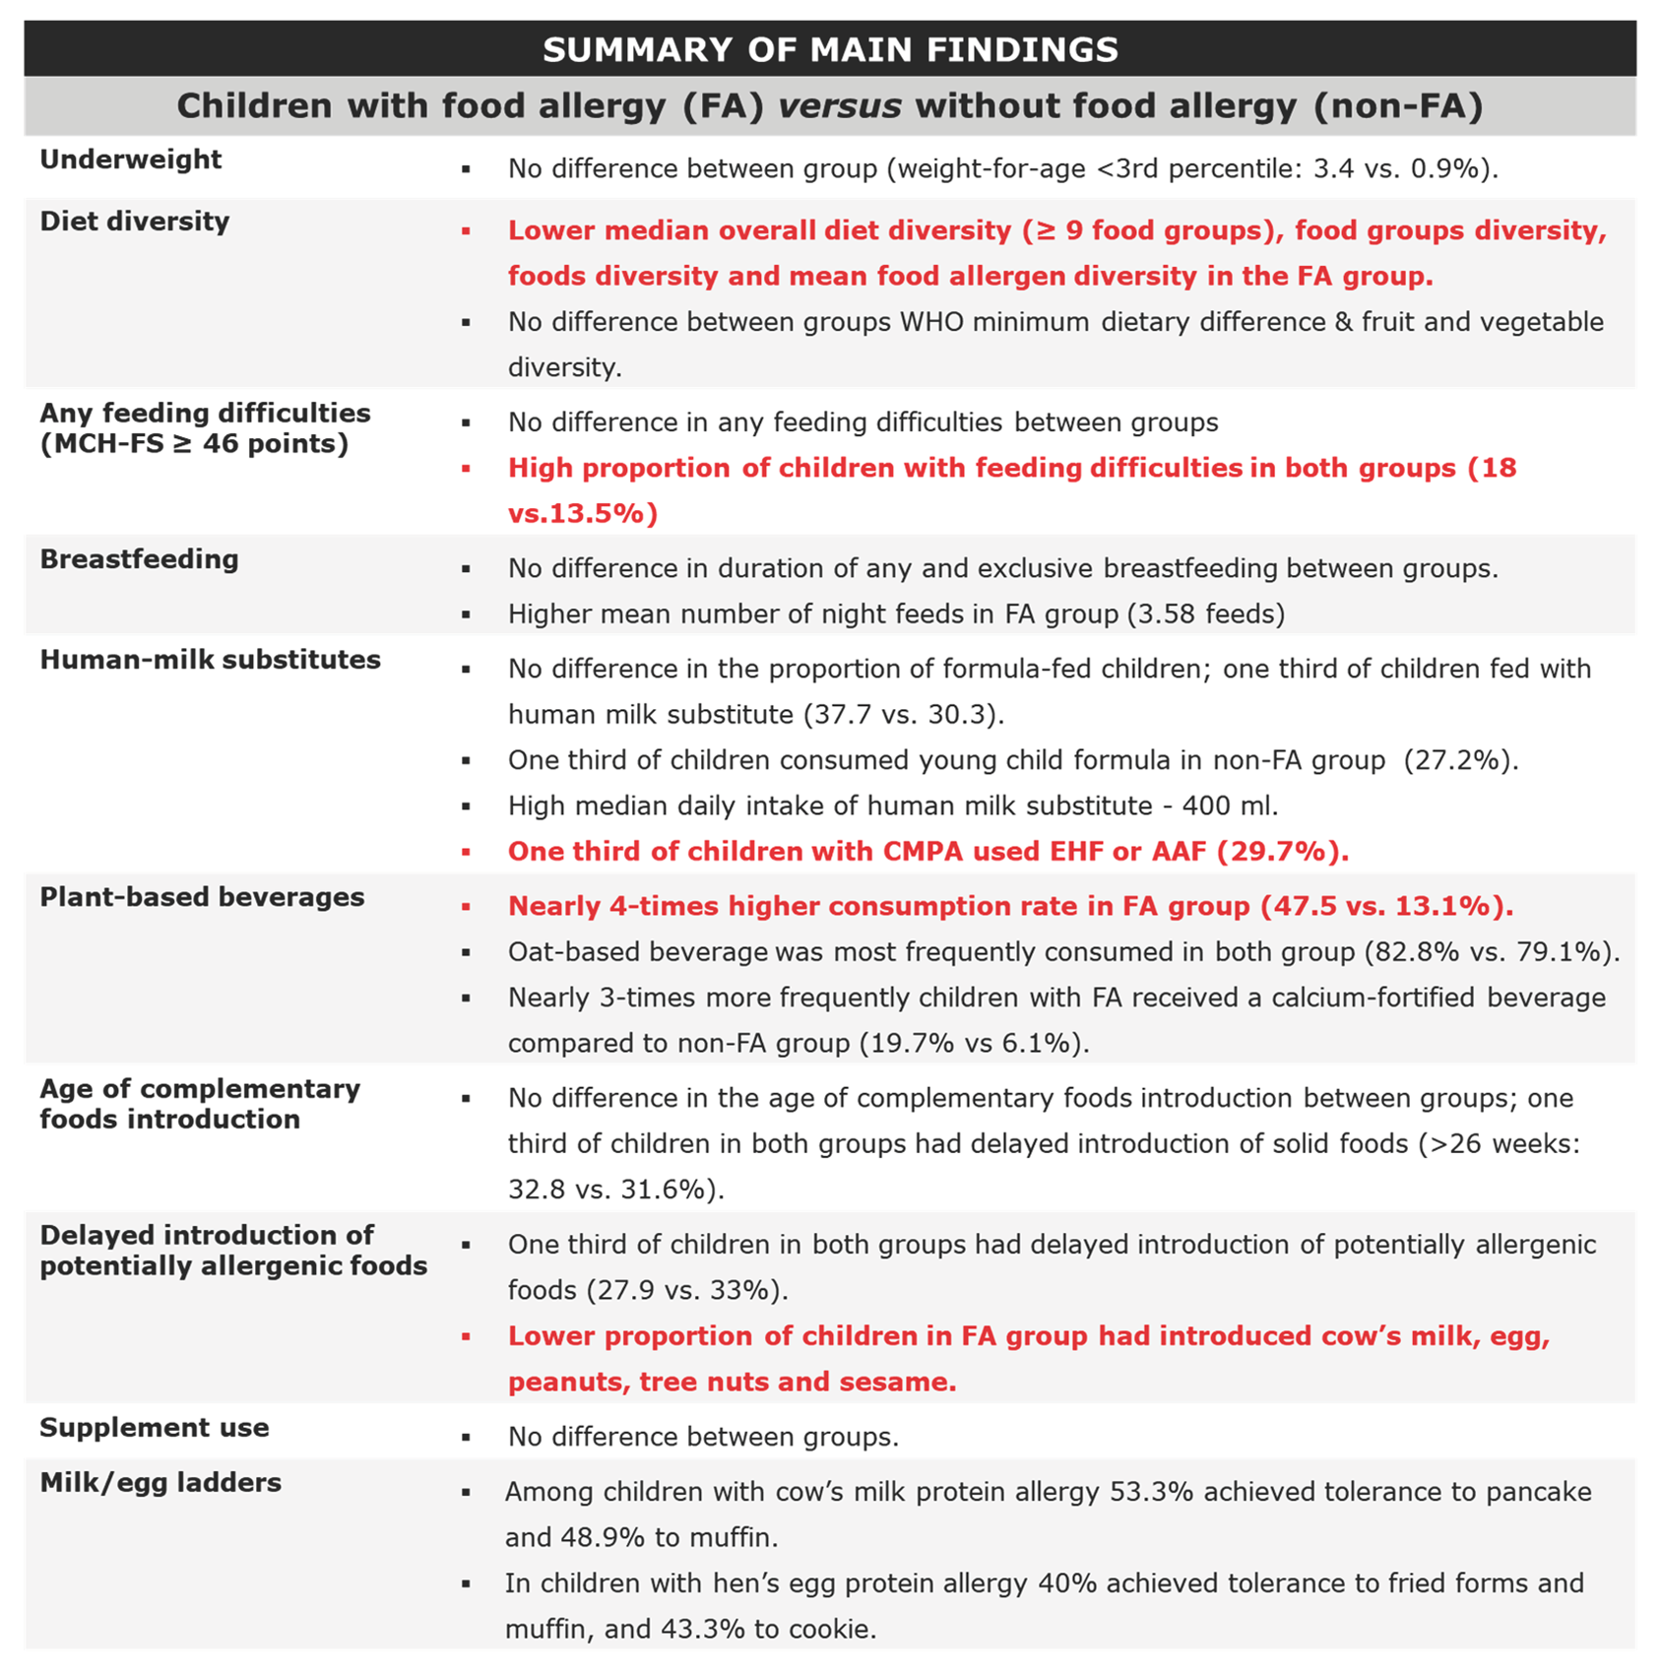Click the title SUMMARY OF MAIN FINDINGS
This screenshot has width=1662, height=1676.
point(830,49)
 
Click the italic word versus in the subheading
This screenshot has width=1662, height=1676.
point(839,106)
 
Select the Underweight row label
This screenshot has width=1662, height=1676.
point(130,160)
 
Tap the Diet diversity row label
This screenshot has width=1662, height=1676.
point(134,222)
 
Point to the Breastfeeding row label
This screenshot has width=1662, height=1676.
point(139,559)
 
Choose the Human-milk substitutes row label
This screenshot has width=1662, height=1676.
point(210,660)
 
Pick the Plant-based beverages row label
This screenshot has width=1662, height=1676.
point(202,897)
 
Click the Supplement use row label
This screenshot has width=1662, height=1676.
point(154,1428)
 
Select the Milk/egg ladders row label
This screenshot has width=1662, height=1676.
point(160,1483)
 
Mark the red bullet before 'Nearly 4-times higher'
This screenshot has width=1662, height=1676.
point(466,907)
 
